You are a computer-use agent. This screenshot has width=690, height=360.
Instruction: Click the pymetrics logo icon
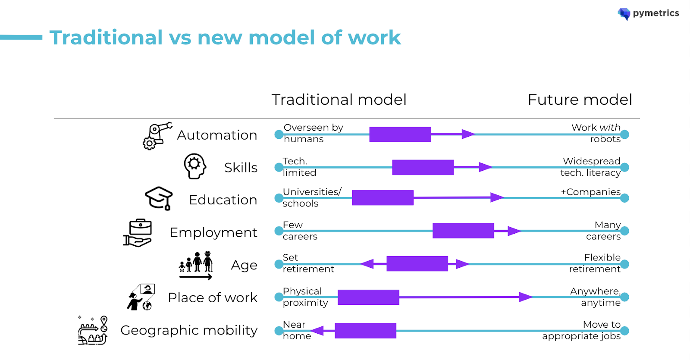624,14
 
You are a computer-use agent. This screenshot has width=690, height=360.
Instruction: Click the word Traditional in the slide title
106,38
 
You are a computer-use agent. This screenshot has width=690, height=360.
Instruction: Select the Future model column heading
580,100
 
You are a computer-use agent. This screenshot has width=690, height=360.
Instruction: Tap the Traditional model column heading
339,100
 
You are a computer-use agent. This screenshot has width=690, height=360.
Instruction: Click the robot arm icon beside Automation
157,135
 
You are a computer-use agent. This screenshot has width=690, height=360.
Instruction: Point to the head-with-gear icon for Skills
194,166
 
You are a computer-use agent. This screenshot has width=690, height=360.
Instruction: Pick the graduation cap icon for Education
159,198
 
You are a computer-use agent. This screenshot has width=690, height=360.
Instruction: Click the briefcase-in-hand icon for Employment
138,233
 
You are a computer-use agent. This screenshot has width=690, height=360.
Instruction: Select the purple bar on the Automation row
400,135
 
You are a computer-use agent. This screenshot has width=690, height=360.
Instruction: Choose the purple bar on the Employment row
463,231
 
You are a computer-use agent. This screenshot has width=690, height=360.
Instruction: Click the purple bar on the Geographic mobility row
365,331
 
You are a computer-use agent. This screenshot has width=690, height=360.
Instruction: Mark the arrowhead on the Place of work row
526,297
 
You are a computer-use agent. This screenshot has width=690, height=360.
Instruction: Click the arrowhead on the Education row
497,197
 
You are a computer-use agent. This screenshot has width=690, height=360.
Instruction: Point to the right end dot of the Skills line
624,167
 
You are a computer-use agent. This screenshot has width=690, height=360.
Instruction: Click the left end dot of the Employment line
279,231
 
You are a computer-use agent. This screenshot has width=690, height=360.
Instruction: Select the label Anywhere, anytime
595,297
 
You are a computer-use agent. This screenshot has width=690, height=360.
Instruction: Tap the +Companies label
590,192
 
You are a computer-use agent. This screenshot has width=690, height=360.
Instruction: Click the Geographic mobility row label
189,330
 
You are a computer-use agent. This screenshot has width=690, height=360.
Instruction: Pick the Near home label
296,330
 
